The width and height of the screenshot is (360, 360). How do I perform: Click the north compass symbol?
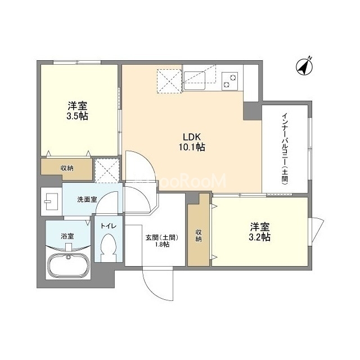pos(304,66)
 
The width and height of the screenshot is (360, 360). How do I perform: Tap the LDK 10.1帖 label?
pos(192,142)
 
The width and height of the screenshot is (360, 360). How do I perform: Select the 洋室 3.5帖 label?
pos(77,111)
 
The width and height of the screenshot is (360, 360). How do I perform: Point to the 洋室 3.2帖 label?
pos(260,232)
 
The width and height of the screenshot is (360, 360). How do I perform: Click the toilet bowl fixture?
pos(109,247)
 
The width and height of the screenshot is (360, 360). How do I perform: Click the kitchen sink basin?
pos(194,81)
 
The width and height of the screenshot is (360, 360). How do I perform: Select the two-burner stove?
pos(230,81)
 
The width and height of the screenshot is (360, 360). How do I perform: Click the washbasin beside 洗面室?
pos(51,201)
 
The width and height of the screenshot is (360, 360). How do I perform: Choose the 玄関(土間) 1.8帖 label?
pos(162,241)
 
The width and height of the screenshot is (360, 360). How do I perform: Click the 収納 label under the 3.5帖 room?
pos(67,168)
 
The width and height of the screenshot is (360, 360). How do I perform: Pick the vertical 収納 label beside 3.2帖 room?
pos(199,236)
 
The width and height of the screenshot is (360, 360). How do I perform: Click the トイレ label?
pos(109,226)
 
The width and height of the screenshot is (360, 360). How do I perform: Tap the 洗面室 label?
pos(87,200)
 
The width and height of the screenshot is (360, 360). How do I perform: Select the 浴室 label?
pos(67,236)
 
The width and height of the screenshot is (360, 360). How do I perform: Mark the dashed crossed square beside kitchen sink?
pos(169,81)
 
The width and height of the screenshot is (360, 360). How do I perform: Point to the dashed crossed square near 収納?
pos(107,170)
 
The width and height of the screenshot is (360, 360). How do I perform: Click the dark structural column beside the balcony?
pos(253,111)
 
